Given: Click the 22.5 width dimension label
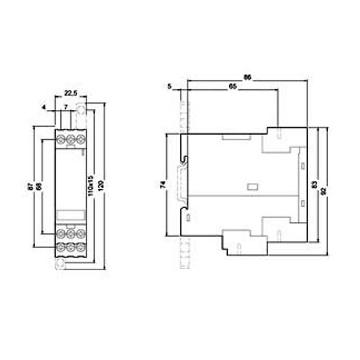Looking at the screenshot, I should point(71,93).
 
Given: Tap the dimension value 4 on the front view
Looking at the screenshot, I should point(44,107).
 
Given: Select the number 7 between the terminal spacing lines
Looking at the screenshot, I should point(66,107).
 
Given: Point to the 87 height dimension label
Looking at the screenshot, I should point(31,187).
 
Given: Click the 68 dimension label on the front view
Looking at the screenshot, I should point(39,187).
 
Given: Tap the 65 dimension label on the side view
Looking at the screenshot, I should point(233,87).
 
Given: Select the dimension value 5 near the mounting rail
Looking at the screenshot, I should point(170,86).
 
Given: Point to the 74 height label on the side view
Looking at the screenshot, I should point(163,185).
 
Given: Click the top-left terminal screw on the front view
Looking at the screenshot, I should point(60,138).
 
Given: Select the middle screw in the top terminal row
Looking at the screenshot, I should point(71,138).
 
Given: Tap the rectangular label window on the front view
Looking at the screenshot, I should point(71,215).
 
